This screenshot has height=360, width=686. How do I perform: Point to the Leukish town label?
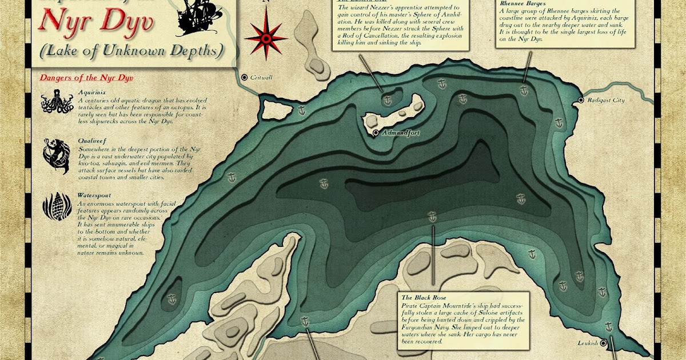(x=587, y=343)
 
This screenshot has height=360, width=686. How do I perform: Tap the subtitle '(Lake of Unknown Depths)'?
(x=131, y=50)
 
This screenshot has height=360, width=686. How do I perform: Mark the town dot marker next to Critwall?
(x=245, y=77)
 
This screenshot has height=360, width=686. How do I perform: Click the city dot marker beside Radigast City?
(x=581, y=101)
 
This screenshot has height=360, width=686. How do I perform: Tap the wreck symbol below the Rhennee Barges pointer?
(x=524, y=90)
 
